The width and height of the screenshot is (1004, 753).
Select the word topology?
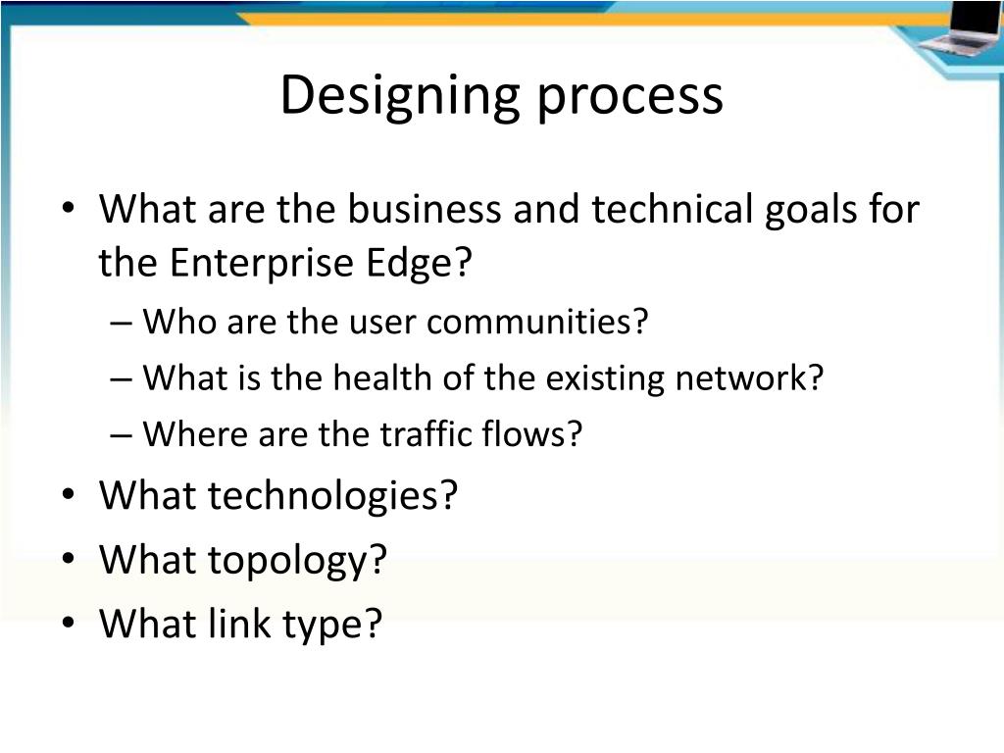[297, 560]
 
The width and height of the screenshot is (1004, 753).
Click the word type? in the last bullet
[332, 625]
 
